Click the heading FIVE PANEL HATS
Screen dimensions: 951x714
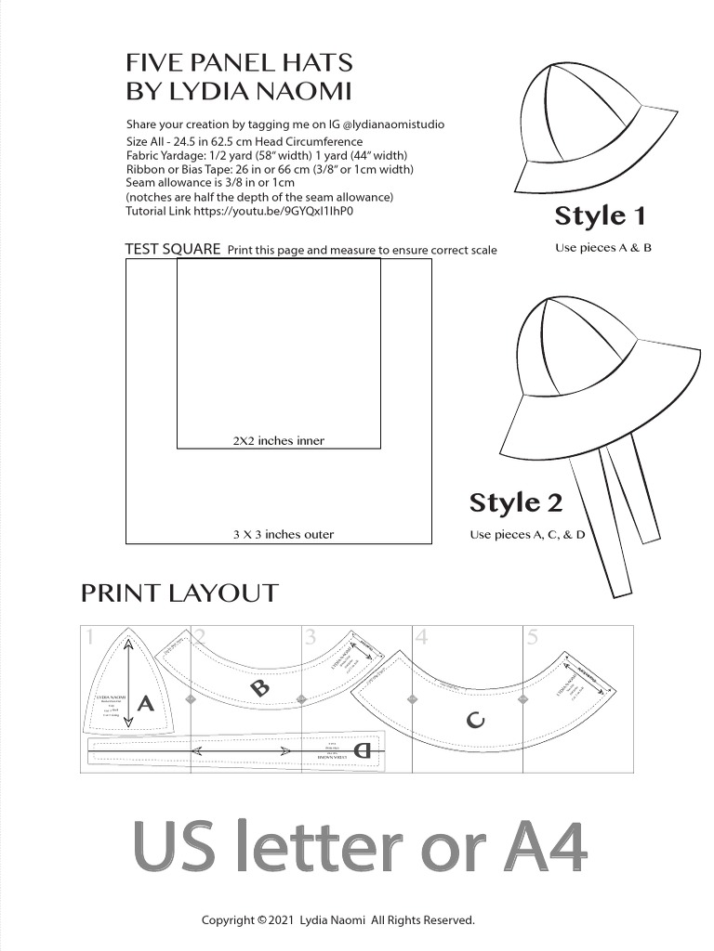pyautogui.click(x=239, y=63)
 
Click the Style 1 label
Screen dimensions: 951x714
pyautogui.click(x=600, y=216)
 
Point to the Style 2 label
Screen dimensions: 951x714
pyautogui.click(x=516, y=503)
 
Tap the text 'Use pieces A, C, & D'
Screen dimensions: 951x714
pyautogui.click(x=526, y=535)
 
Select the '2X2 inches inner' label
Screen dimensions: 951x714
pyautogui.click(x=278, y=441)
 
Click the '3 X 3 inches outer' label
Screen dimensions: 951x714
pyautogui.click(x=283, y=535)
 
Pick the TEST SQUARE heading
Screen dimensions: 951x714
pyautogui.click(x=172, y=249)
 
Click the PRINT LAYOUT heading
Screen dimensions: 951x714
pyautogui.click(x=179, y=593)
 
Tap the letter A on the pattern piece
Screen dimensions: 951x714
pyautogui.click(x=145, y=704)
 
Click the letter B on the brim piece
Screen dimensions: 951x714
pyautogui.click(x=260, y=688)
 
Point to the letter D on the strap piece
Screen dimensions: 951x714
pyautogui.click(x=363, y=751)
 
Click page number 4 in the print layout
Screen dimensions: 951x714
pyautogui.click(x=421, y=638)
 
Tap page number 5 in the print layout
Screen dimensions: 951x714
pyautogui.click(x=532, y=638)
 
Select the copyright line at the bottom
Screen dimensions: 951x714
pyautogui.click(x=338, y=920)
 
